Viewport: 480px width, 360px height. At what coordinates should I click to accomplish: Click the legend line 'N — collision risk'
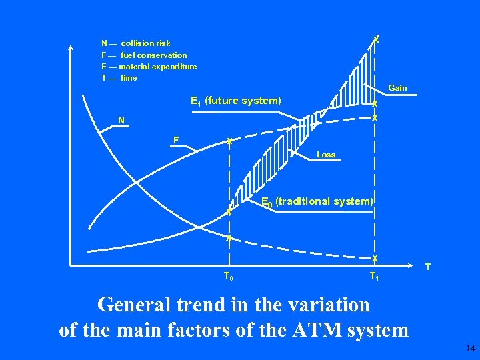(x=135, y=43)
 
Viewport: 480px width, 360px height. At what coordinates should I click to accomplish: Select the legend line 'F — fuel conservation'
(x=144, y=55)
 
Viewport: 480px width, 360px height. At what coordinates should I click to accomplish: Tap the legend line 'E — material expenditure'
(x=149, y=67)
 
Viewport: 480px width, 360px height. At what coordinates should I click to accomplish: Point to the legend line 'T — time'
(x=119, y=78)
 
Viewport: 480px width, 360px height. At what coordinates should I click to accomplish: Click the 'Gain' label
(x=397, y=88)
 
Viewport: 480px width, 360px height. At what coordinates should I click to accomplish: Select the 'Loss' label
(x=326, y=155)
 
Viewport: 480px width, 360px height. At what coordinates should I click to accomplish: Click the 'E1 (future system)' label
(x=236, y=101)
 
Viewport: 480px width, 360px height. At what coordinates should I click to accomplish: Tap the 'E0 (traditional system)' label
(x=317, y=201)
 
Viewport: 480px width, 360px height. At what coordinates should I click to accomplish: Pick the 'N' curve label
(x=121, y=121)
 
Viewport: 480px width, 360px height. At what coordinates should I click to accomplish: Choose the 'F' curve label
(x=175, y=141)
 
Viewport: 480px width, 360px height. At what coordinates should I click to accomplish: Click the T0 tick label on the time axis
(x=227, y=277)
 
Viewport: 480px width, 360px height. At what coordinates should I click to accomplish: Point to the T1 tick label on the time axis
(x=374, y=277)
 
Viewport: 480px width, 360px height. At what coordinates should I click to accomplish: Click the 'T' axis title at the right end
(x=428, y=267)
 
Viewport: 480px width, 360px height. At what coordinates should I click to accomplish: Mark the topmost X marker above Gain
(x=377, y=39)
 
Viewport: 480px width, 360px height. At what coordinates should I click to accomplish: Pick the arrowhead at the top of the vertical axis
(x=71, y=47)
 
